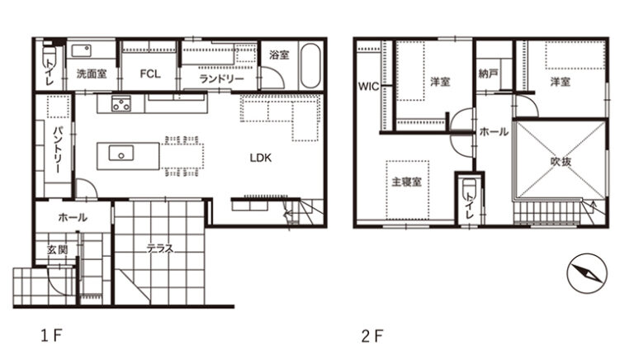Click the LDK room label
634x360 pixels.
(260, 158)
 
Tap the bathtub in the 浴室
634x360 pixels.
(310, 65)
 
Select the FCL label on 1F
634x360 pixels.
(150, 73)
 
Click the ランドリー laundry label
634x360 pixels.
(221, 78)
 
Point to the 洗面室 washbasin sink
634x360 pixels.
(82, 50)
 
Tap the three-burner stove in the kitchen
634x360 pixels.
(121, 104)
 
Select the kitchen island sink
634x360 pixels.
(121, 154)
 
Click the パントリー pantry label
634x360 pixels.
(58, 149)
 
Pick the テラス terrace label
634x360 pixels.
(160, 249)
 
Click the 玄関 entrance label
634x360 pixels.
(58, 249)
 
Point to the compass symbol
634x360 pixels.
(587, 273)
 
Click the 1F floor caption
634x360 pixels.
(51, 335)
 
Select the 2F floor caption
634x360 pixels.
(372, 336)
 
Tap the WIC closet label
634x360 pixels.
(368, 86)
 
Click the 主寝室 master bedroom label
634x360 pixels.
(406, 182)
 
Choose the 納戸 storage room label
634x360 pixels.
(488, 73)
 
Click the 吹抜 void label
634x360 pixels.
(561, 161)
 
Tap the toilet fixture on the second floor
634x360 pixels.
(470, 190)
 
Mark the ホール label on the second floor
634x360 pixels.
(494, 131)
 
